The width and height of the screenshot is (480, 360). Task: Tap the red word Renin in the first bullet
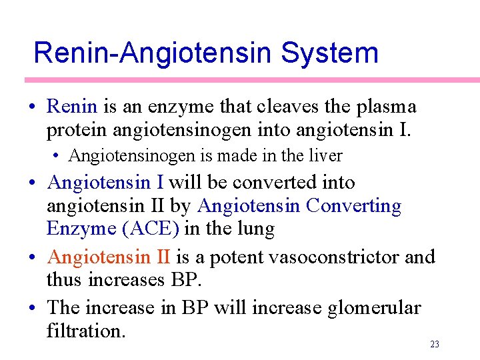73,107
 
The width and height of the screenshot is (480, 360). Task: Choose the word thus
63,279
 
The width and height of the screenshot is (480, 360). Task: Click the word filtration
85,331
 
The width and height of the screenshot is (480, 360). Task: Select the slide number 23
435,344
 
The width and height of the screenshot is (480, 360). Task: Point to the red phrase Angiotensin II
109,257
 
